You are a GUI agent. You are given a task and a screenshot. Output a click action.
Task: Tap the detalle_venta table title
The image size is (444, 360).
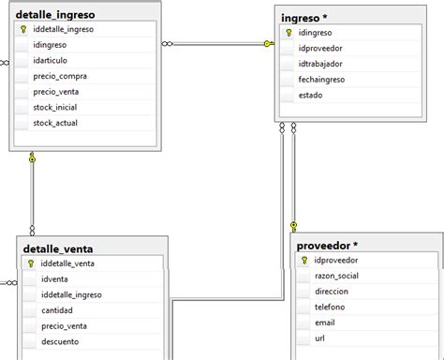(x=58, y=248)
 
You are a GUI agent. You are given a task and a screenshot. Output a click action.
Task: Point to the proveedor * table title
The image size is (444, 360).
(x=327, y=246)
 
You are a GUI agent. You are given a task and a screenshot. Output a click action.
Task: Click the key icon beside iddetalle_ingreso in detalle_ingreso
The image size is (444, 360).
(x=22, y=29)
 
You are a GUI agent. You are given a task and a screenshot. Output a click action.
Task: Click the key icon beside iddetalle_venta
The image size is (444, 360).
(x=31, y=263)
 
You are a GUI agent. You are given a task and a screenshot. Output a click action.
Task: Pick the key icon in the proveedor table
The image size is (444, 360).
(x=303, y=260)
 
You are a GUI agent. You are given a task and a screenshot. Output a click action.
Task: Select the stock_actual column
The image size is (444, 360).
(x=54, y=123)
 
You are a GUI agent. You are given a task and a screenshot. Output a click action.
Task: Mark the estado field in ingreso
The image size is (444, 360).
(x=311, y=95)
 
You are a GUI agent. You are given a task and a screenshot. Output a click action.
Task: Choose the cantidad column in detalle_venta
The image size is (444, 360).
(x=58, y=310)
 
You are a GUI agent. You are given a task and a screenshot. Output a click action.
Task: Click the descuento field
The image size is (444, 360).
(x=61, y=341)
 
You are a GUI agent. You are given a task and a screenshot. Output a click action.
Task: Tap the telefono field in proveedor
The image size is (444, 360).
(x=330, y=307)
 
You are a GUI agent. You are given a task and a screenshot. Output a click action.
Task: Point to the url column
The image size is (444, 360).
(x=319, y=338)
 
